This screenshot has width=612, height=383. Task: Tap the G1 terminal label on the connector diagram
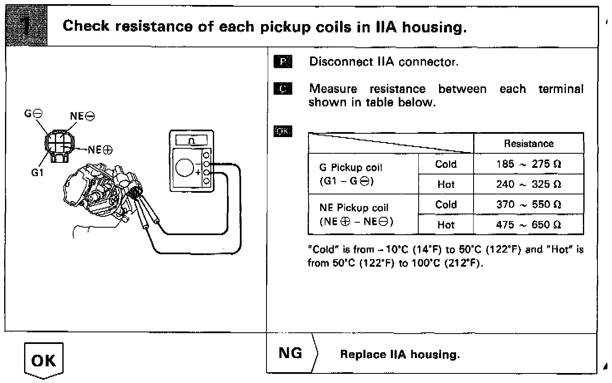(37, 172)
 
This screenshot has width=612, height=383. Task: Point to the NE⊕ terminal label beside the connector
(100, 150)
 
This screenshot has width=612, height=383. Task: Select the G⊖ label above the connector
(33, 113)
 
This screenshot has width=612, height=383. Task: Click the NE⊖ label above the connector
(82, 116)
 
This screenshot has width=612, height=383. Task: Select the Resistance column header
(528, 144)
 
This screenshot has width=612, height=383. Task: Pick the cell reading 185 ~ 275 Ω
(528, 164)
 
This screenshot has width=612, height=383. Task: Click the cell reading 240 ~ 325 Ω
(528, 184)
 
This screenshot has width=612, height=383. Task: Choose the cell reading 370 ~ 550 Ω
(528, 204)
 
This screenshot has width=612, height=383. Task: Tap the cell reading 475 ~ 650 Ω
(528, 225)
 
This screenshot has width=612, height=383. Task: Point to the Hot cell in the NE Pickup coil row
(446, 225)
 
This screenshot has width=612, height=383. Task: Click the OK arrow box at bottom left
(44, 360)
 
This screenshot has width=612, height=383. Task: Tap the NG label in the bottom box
(290, 353)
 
